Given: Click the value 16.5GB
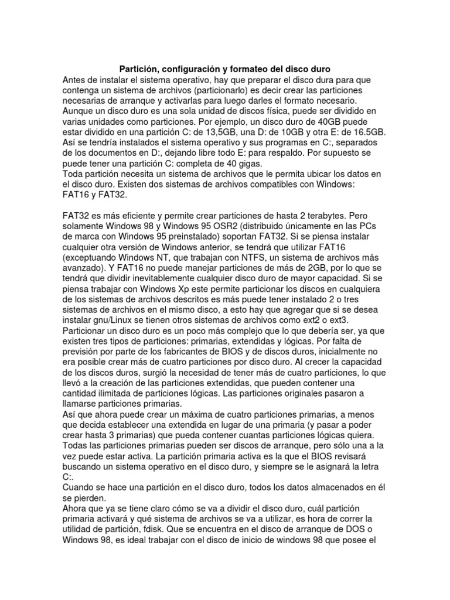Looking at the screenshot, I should (x=364, y=132).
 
